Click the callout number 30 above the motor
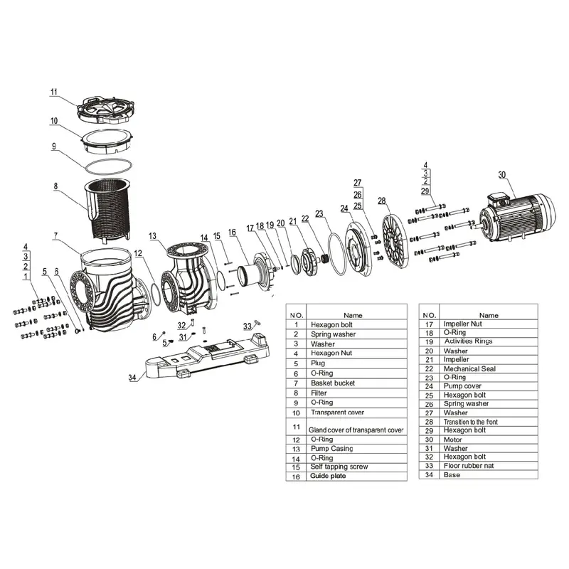502,175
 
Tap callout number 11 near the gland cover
53,91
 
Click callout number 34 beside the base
132,378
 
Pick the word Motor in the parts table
454,440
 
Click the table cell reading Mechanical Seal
469,368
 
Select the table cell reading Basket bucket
332,383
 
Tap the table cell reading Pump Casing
331,449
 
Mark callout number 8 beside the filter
53,188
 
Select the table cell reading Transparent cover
337,413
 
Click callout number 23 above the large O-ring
319,213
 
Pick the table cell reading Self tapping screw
339,467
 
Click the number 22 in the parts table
429,368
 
